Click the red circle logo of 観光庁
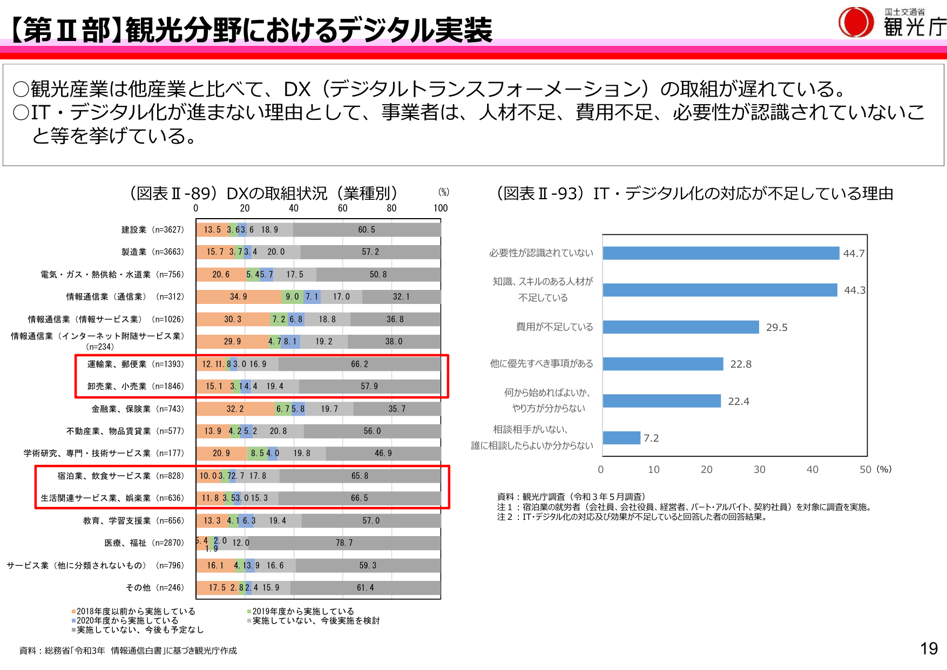(x=856, y=22)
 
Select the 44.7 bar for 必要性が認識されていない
(x=721, y=253)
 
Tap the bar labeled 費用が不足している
(x=680, y=327)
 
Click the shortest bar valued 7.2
(x=621, y=438)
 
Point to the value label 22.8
(x=741, y=364)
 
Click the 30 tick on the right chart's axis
(x=759, y=470)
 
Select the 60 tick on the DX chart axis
(x=342, y=208)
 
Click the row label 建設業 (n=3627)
(x=152, y=230)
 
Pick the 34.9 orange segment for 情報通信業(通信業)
(x=238, y=297)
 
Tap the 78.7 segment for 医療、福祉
(x=344, y=543)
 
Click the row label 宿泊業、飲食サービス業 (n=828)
(x=120, y=476)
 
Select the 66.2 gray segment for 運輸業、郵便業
(x=359, y=364)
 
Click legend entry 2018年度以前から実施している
(x=135, y=611)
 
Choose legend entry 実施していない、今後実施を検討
(x=315, y=621)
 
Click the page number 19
(x=929, y=648)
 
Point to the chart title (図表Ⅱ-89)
(x=263, y=193)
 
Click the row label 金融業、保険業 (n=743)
(x=138, y=409)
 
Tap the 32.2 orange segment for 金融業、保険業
(x=235, y=409)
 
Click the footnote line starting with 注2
(x=632, y=517)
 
